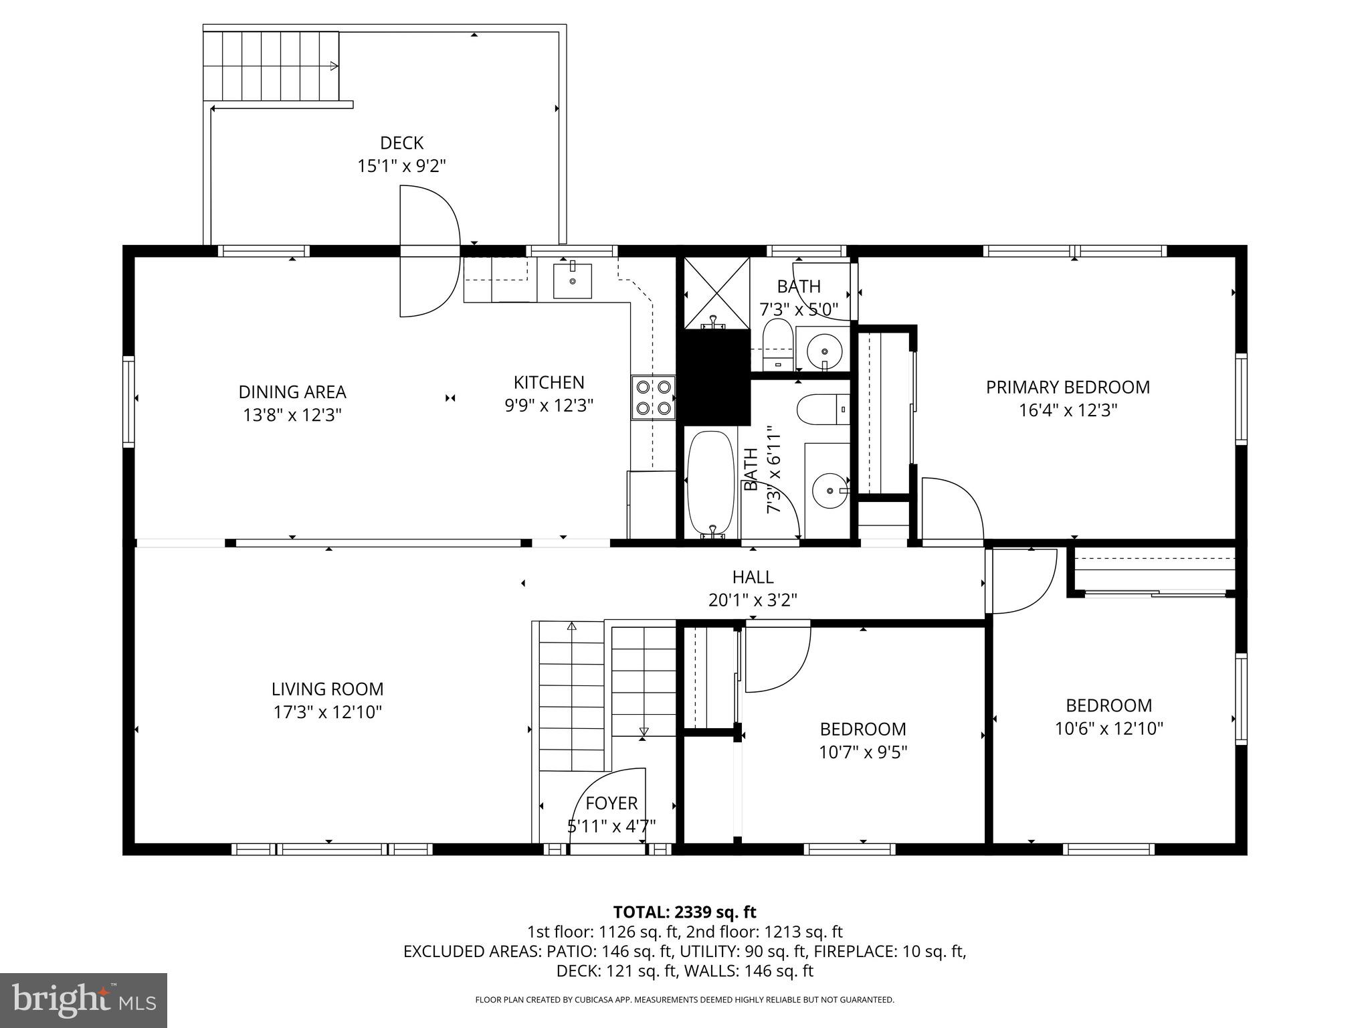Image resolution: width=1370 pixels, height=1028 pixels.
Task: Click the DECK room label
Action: coord(401,143)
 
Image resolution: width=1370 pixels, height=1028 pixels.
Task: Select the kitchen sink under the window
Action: coord(573,281)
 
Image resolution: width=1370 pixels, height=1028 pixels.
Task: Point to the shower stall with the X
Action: coord(716,292)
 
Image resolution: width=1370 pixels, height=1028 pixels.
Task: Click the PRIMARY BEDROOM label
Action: coord(1068,387)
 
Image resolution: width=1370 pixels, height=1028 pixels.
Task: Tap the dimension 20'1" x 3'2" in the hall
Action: coord(753,600)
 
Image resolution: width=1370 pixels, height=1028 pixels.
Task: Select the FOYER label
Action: coord(611,802)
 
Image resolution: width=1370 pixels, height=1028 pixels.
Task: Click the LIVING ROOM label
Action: coord(327,689)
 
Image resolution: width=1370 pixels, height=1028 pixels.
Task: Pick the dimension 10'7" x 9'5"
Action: coord(863,752)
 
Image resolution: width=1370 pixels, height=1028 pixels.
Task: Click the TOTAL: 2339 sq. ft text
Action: coord(684,912)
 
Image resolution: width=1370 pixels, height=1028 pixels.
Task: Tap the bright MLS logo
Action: coord(84,1000)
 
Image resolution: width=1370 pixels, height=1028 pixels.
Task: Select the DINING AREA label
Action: coord(292,392)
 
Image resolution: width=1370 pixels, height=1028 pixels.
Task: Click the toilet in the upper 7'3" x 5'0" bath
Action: coord(777,343)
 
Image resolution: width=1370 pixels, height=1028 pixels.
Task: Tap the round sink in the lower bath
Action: coord(829,491)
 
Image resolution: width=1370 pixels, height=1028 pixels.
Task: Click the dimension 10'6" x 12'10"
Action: coord(1108,728)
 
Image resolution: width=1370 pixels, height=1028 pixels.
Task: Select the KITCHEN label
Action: coord(549,382)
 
